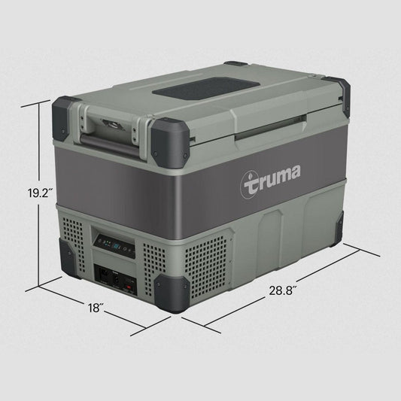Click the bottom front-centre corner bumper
pyautogui.click(x=166, y=290)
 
